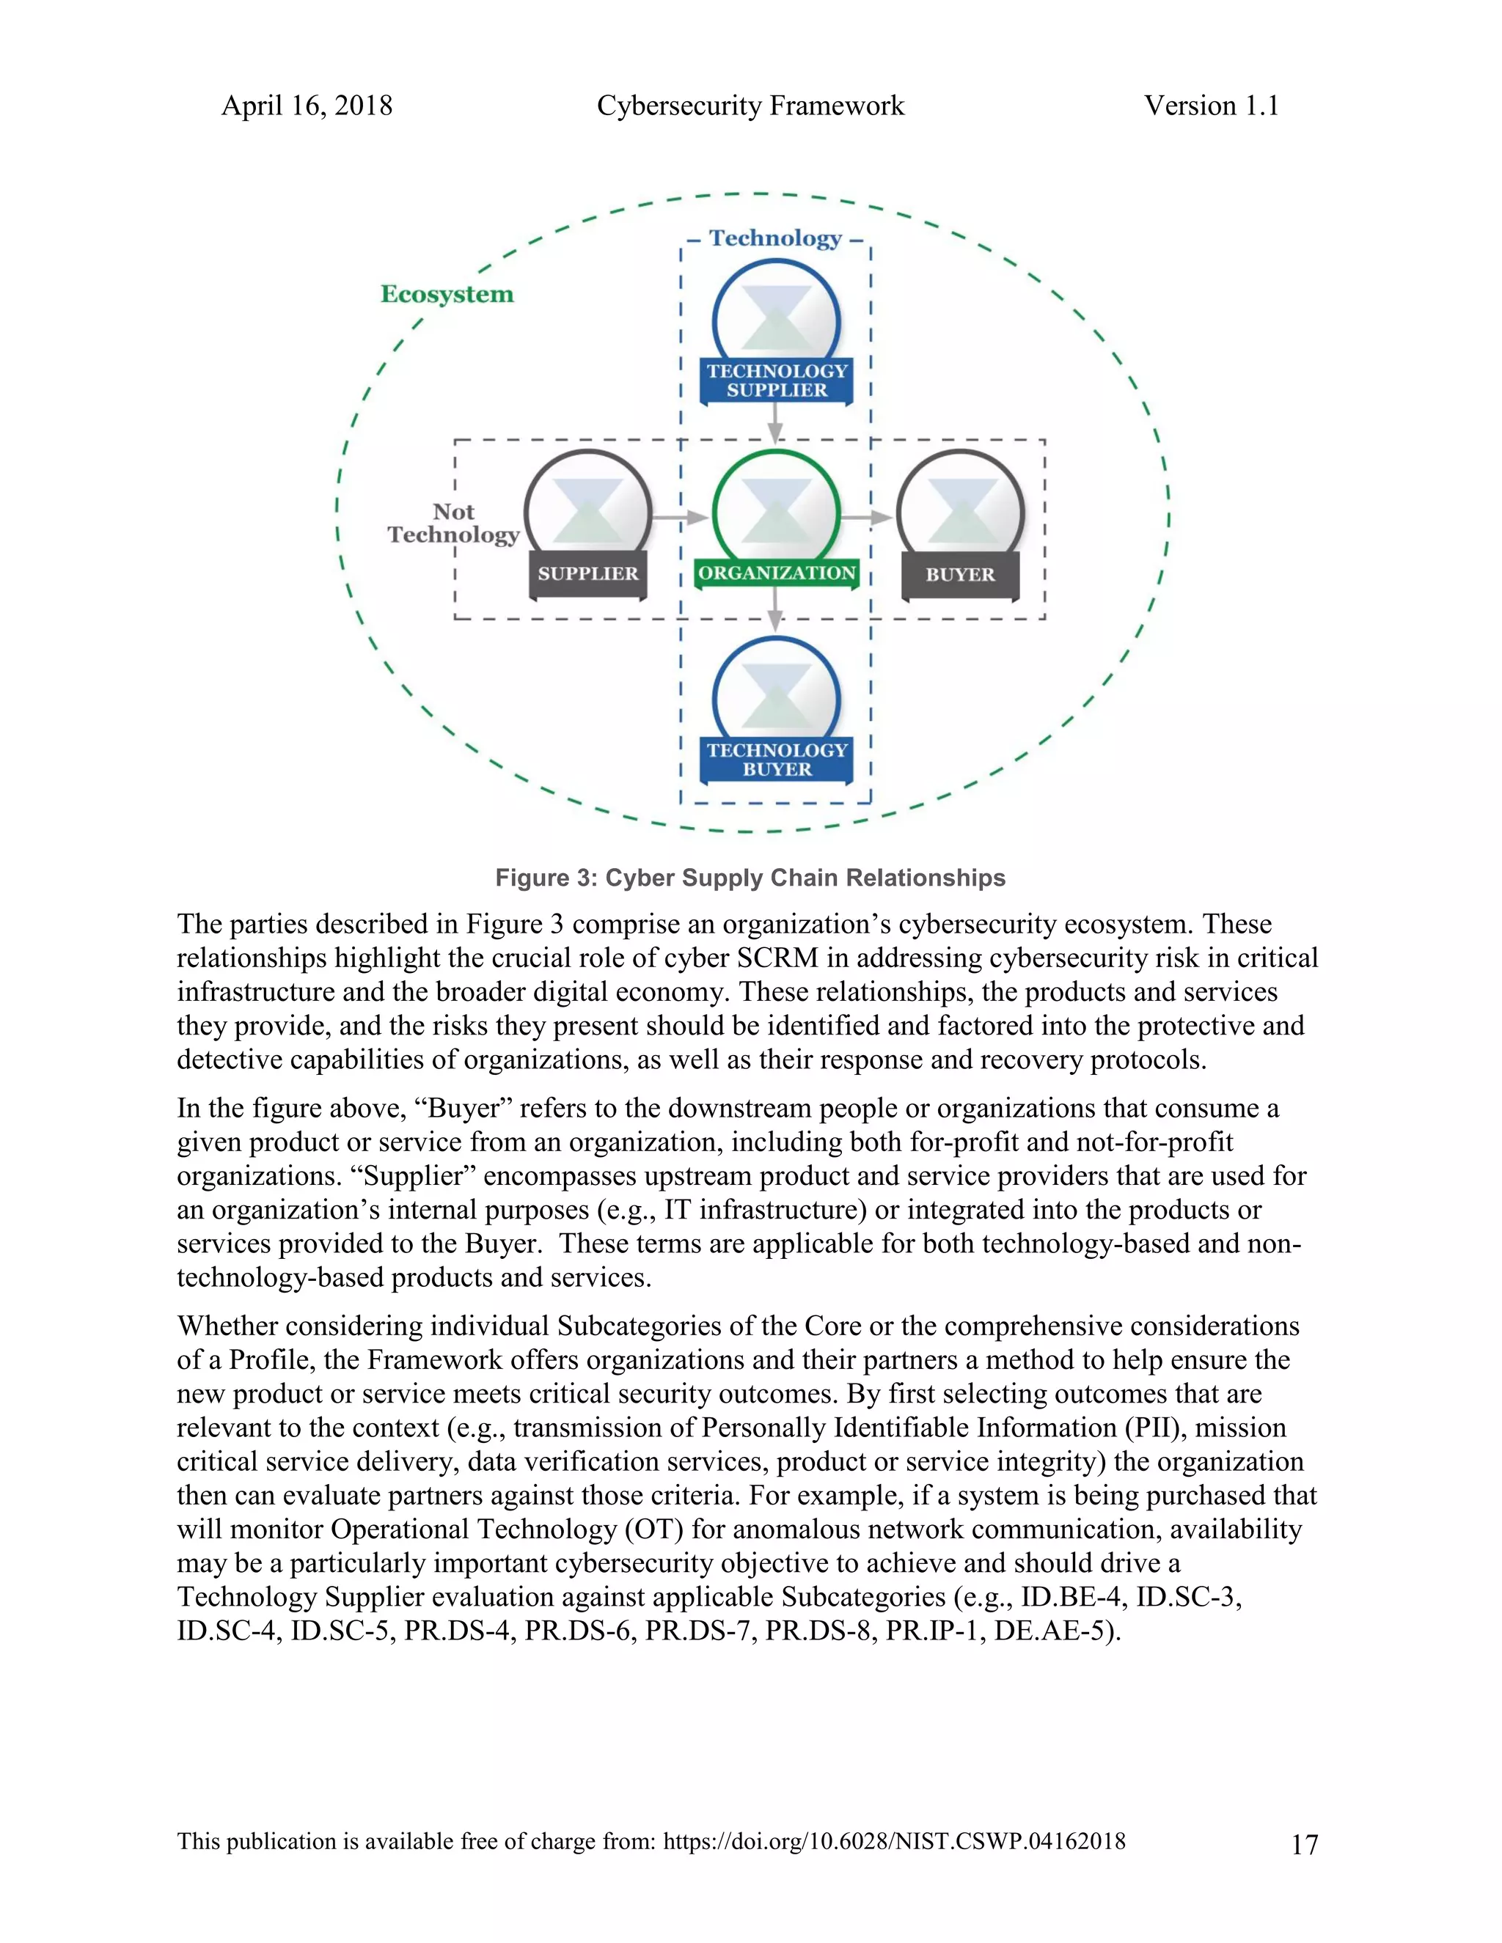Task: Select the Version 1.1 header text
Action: pyautogui.click(x=1211, y=106)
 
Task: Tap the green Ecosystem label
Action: pyautogui.click(x=447, y=295)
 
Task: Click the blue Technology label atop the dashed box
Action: pyautogui.click(x=775, y=238)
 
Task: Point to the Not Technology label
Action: pyautogui.click(x=453, y=523)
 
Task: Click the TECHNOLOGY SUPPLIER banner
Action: pyautogui.click(x=777, y=381)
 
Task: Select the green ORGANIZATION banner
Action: pyautogui.click(x=777, y=573)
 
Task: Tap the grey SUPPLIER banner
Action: pyautogui.click(x=587, y=574)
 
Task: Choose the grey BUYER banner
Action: pyautogui.click(x=960, y=575)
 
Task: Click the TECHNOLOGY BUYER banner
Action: pyautogui.click(x=777, y=760)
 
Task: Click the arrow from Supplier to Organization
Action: pyautogui.click(x=680, y=517)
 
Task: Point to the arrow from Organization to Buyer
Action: pyautogui.click(x=867, y=517)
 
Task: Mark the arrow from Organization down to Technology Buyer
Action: pyautogui.click(x=776, y=612)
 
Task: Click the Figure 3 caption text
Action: pyautogui.click(x=750, y=878)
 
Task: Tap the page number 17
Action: pyautogui.click(x=1303, y=1845)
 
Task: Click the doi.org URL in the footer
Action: pyautogui.click(x=894, y=1842)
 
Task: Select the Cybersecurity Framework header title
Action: pyautogui.click(x=750, y=106)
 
